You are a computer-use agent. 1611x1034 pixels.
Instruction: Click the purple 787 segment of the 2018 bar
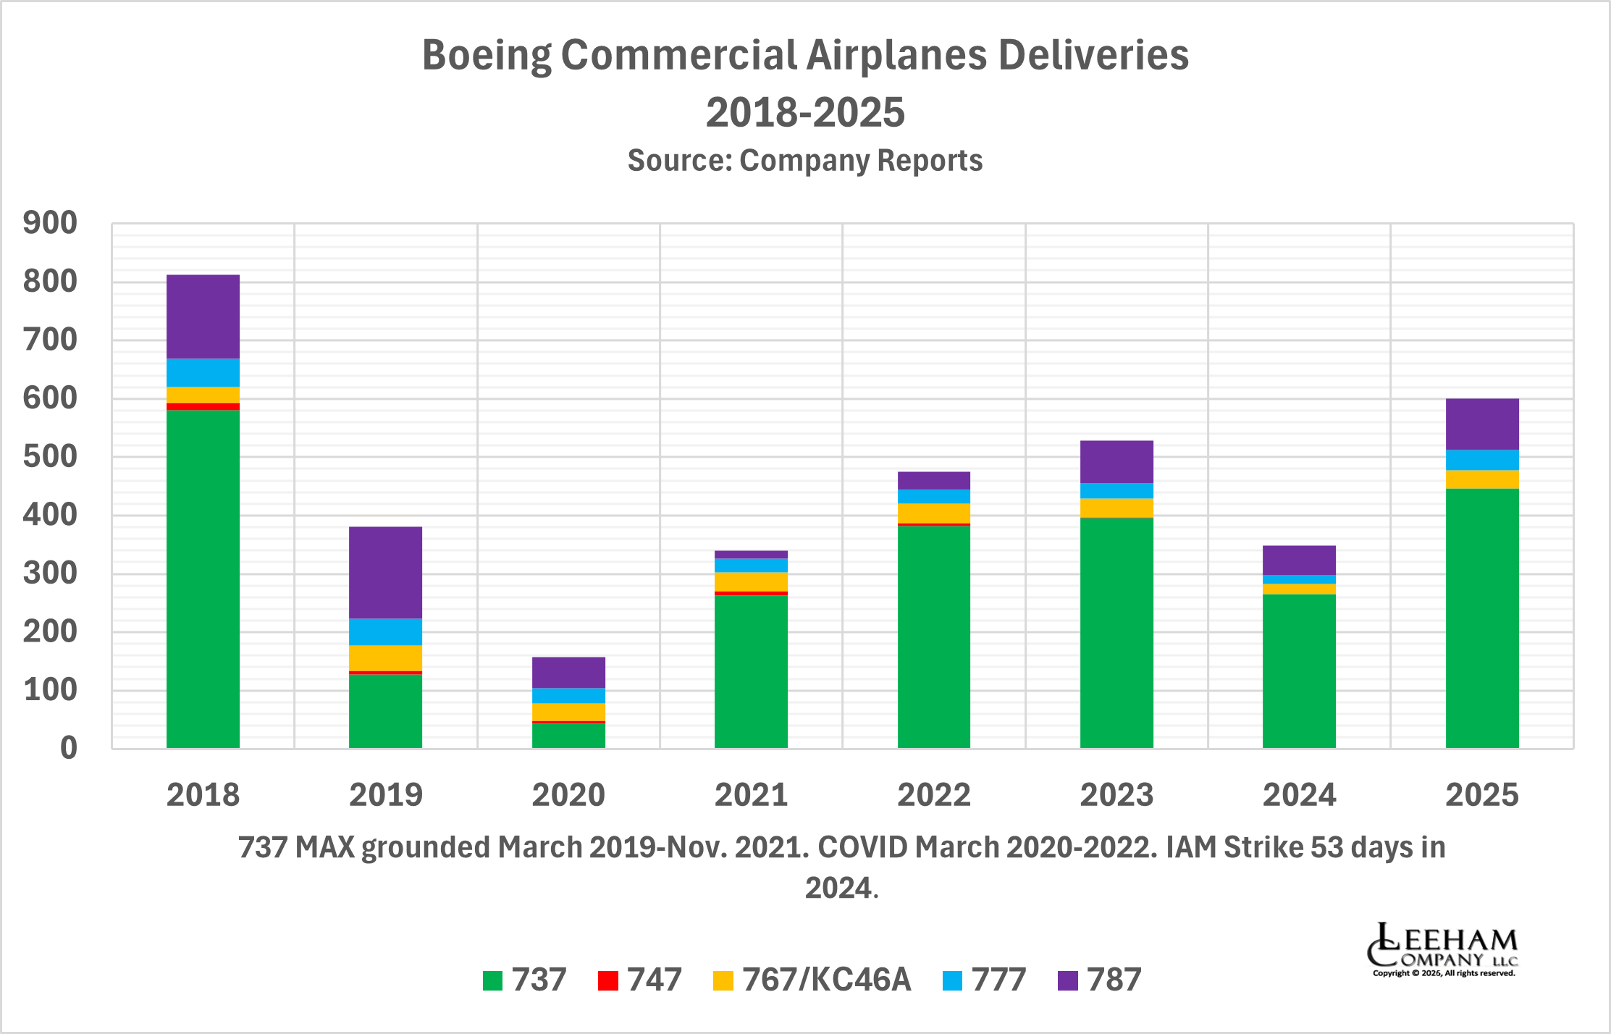click(203, 316)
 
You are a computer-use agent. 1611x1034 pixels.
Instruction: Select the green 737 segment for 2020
click(568, 736)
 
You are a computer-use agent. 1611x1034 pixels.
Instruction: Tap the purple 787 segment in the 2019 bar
click(385, 572)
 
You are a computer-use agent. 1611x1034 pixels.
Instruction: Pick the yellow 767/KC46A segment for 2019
click(385, 657)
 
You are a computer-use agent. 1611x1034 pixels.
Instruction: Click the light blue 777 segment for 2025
click(1482, 460)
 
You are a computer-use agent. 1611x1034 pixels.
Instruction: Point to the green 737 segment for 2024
click(1299, 671)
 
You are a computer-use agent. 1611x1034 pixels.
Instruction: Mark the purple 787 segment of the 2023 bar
click(1116, 461)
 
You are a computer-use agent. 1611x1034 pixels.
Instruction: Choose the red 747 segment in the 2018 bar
click(203, 406)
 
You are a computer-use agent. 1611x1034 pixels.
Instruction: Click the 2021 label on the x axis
click(751, 795)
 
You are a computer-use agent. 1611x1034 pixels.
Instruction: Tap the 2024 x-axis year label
click(1299, 795)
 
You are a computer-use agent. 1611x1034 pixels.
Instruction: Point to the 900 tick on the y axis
click(50, 223)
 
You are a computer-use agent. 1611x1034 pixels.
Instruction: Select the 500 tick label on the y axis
click(50, 457)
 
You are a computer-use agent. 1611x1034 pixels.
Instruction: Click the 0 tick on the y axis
click(68, 748)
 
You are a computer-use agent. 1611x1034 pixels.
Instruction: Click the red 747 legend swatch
click(608, 980)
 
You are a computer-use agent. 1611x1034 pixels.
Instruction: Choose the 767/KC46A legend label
click(826, 980)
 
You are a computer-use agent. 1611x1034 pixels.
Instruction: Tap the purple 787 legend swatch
click(1067, 980)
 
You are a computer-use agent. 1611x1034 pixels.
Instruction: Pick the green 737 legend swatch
click(492, 980)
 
